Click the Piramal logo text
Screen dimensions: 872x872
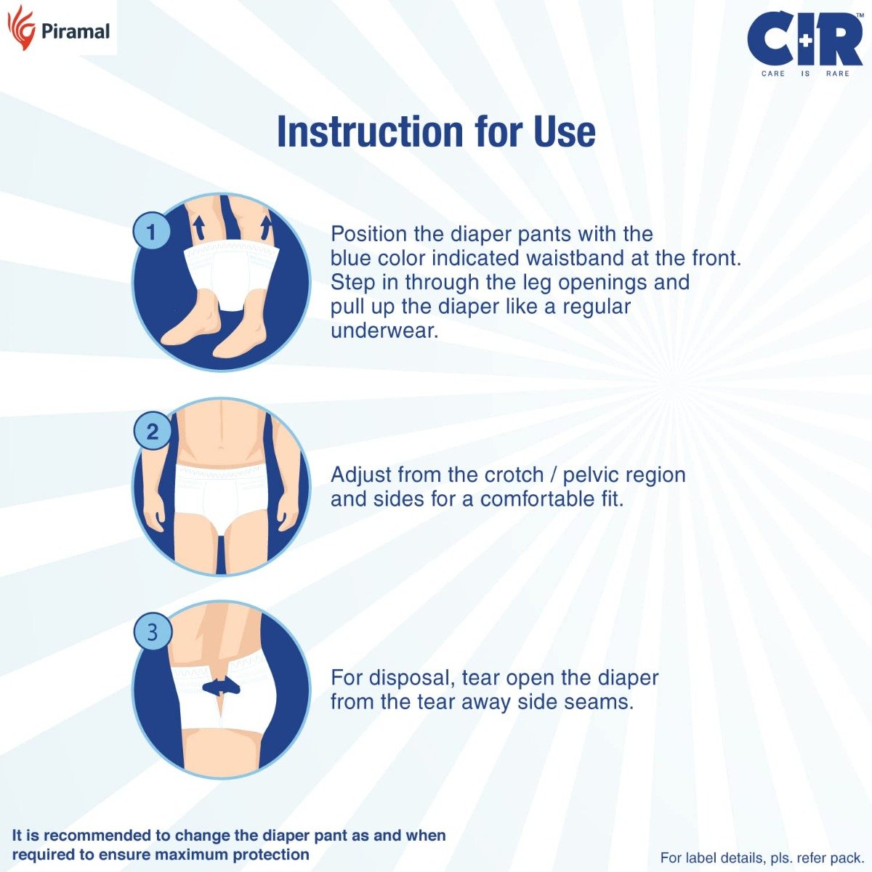tap(76, 31)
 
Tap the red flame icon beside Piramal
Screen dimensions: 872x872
tap(21, 28)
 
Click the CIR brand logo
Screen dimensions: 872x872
tap(804, 39)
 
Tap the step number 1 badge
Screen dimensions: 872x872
tap(151, 233)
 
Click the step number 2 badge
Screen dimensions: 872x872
tap(152, 432)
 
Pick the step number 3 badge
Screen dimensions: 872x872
tap(152, 631)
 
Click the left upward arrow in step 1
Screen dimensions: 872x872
tap(197, 227)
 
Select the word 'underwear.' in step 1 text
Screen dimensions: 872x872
tap(384, 331)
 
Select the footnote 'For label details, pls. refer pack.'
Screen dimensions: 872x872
tap(762, 857)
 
